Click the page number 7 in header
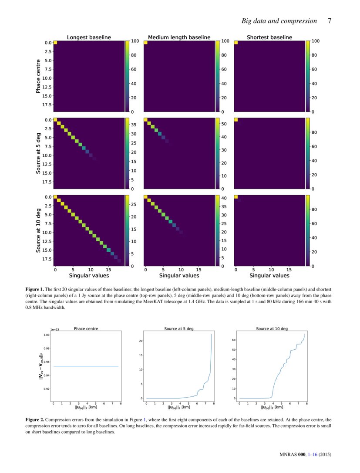pyautogui.click(x=330, y=21)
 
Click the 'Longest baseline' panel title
pyautogui.click(x=88, y=37)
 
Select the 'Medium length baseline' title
pyautogui.click(x=179, y=37)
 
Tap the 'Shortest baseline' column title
pyautogui.click(x=269, y=37)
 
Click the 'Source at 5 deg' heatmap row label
pyautogui.click(x=39, y=153)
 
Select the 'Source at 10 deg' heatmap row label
pyautogui.click(x=39, y=231)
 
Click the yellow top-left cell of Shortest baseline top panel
pyautogui.click(x=236, y=42)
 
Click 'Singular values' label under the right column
pyautogui.click(x=269, y=275)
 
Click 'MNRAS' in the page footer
pyautogui.click(x=287, y=455)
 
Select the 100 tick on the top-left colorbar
pyautogui.click(x=135, y=41)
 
